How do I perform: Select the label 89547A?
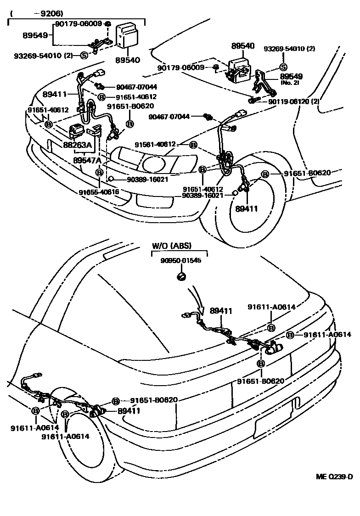point(88,160)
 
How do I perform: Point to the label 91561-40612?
point(155,145)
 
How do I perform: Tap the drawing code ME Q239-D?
point(334,476)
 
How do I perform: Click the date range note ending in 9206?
point(37,13)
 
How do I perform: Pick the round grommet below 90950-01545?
point(181,276)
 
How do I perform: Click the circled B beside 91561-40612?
point(193,145)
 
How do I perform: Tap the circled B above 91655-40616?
point(99,173)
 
